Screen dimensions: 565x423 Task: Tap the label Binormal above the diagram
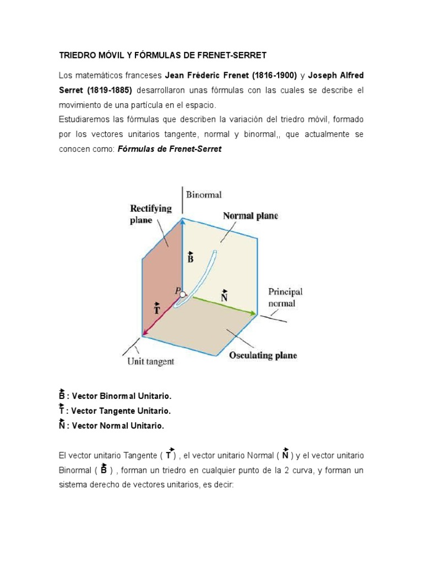pos(204,195)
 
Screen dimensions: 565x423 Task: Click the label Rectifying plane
pos(150,214)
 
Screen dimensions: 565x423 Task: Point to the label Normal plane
pos(251,216)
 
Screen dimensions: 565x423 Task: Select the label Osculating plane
pos(263,355)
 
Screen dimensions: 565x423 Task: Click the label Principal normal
pos(285,297)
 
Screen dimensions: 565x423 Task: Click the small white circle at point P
pos(183,294)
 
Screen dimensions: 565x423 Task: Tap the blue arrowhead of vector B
pos(182,221)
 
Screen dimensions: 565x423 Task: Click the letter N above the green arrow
pos(224,297)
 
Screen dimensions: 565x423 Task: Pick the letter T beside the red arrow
pos(157,309)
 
